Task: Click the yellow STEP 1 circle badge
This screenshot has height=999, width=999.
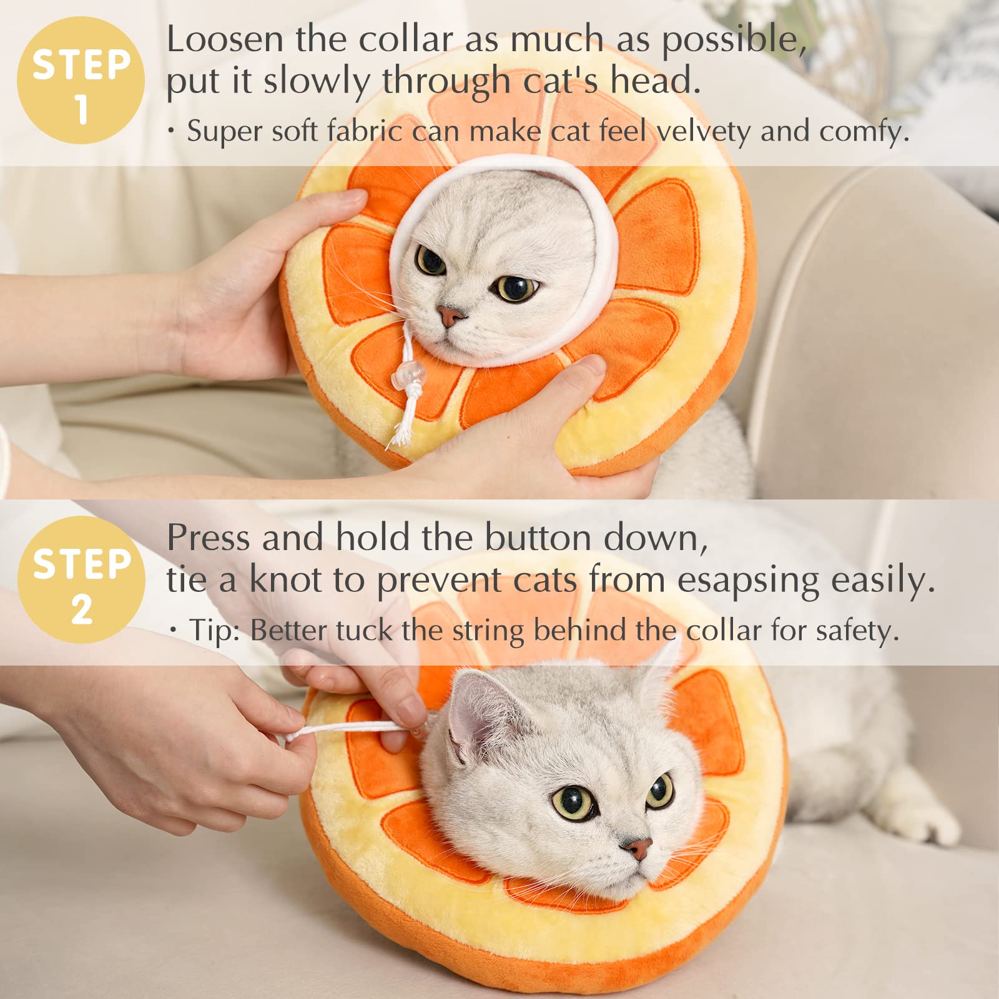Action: tap(81, 81)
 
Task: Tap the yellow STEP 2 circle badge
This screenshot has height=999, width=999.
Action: tap(82, 580)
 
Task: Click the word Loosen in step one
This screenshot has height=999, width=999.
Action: tap(225, 40)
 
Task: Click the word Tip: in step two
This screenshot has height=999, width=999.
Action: tap(215, 631)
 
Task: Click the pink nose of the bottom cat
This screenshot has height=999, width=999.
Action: tap(637, 848)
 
